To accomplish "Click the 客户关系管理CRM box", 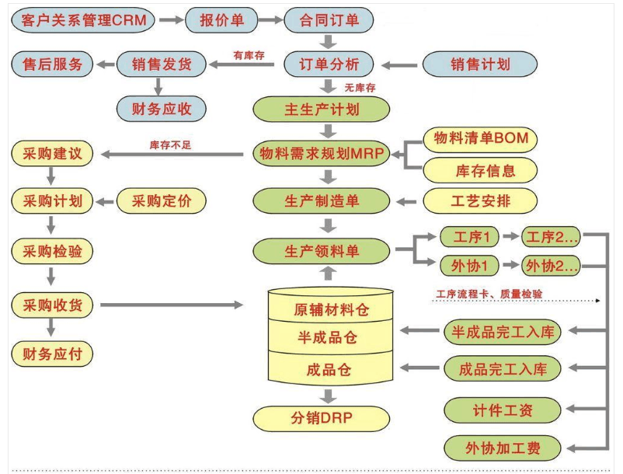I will pyautogui.click(x=83, y=20).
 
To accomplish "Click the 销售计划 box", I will pyautogui.click(x=479, y=64).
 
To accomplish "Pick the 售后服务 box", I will pyautogui.click(x=52, y=64).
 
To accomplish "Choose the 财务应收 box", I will pyautogui.click(x=162, y=109).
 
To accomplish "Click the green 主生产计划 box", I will pyautogui.click(x=321, y=109).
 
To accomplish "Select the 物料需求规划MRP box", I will pyautogui.click(x=321, y=154).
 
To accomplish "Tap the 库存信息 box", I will pyautogui.click(x=480, y=169).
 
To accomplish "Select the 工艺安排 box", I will pyautogui.click(x=480, y=201).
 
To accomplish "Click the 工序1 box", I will pyautogui.click(x=468, y=235).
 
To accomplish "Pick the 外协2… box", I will pyautogui.click(x=552, y=265).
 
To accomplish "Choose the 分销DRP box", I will pyautogui.click(x=321, y=419).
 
